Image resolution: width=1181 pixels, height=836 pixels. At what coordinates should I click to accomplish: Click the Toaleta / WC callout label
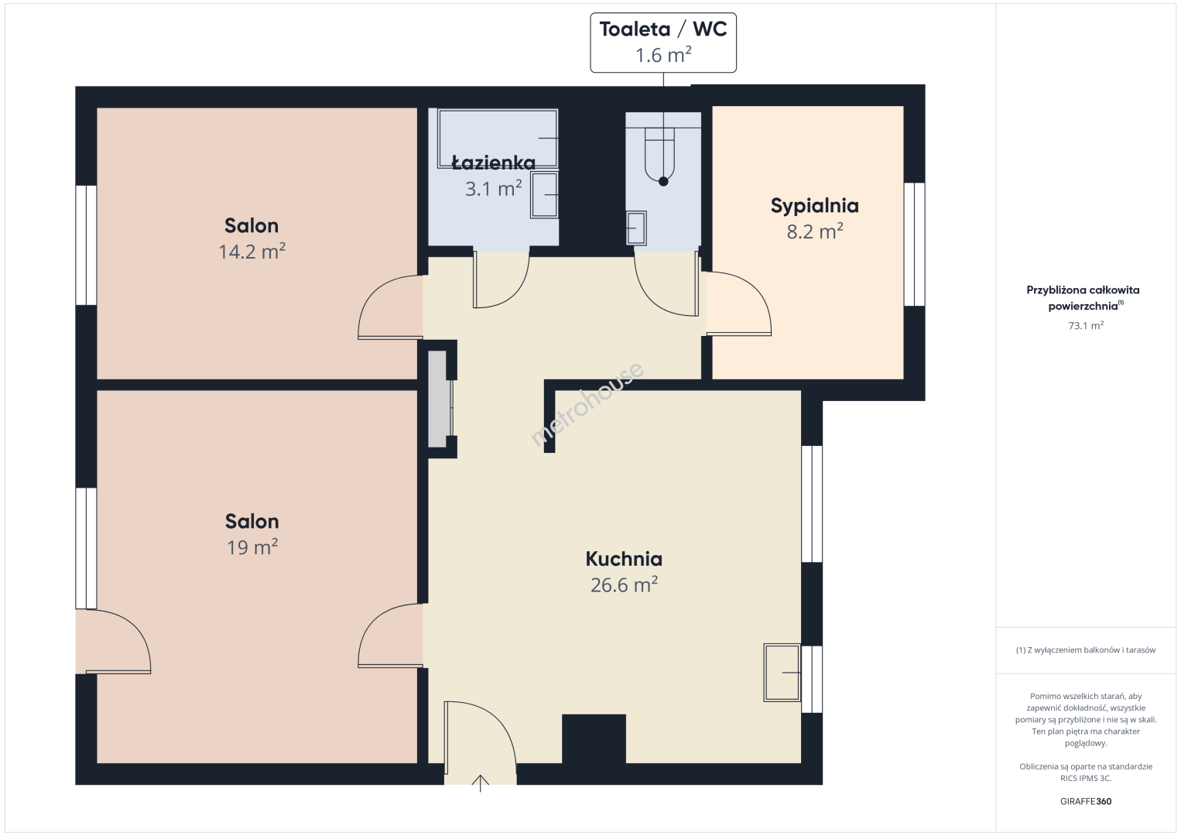662,43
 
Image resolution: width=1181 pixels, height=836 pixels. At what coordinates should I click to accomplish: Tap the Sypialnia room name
815,206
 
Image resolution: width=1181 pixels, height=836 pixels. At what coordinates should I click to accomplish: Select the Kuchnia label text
624,559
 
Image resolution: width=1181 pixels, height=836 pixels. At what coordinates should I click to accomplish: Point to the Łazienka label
494,163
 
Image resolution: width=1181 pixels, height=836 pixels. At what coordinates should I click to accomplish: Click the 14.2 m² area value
252,251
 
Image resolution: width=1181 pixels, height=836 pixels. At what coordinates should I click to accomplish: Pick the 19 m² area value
252,547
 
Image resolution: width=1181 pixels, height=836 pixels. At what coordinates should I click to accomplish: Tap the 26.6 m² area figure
624,584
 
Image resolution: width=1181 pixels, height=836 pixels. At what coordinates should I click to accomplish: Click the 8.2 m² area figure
815,231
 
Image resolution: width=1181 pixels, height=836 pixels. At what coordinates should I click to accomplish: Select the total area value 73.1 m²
1086,325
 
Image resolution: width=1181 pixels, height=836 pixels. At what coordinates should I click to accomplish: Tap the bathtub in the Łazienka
497,139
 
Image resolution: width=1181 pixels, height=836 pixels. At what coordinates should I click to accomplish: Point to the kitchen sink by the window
782,673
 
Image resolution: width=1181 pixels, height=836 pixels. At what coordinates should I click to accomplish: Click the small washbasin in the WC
636,228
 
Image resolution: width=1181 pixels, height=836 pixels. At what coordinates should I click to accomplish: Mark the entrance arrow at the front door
481,783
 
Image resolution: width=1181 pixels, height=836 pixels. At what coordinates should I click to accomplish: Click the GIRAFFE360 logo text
1086,801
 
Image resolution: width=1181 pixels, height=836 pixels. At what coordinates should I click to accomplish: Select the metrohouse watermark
586,405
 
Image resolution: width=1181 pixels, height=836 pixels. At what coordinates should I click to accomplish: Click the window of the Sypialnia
915,244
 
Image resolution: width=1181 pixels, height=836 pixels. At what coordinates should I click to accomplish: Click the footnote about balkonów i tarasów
1086,649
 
